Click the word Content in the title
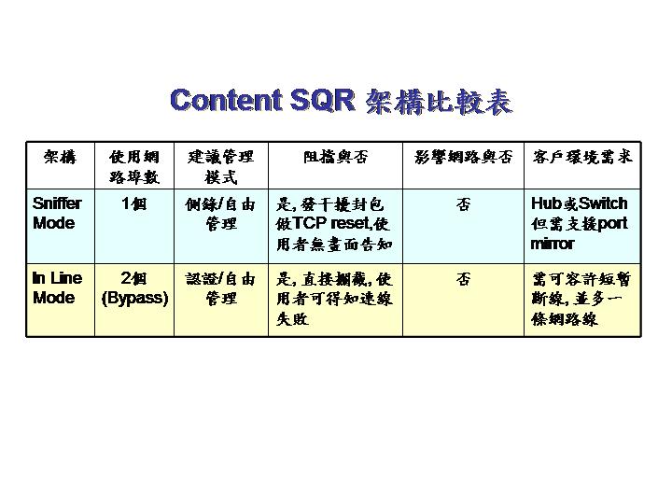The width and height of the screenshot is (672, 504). point(226,100)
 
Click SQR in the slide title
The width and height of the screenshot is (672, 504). point(323,100)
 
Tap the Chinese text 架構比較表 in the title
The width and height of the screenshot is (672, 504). point(439,102)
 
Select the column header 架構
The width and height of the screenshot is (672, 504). point(61,157)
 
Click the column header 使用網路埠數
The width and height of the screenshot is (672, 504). point(134,167)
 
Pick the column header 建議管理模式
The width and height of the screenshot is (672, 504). point(220,167)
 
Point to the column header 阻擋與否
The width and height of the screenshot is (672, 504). point(336,157)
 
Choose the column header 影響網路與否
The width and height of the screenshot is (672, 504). point(463,157)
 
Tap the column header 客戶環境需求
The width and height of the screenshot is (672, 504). point(582,157)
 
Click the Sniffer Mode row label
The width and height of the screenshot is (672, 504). point(57,213)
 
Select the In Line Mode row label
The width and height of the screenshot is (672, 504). point(57,287)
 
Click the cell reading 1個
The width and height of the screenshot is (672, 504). point(134,203)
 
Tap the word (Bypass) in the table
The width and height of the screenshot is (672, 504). point(134,298)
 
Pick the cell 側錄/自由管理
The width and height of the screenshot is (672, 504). point(220,214)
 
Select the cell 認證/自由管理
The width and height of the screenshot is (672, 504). point(220,288)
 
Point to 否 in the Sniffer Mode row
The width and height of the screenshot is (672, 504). point(463,204)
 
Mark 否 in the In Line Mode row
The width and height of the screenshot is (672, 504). point(463,279)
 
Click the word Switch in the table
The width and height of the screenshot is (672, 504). point(603,203)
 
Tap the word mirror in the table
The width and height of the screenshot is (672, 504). point(552,244)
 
